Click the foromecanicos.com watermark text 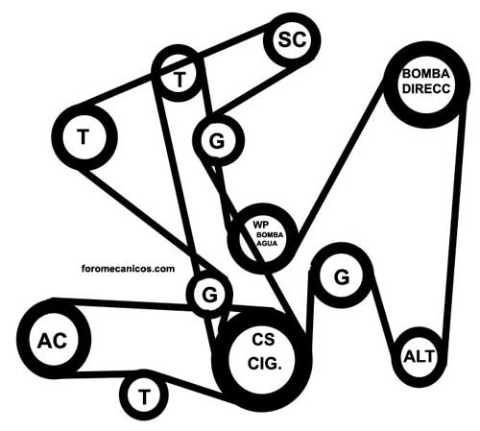128,268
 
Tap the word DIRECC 426,88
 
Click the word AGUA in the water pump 267,244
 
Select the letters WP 261,225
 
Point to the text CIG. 265,364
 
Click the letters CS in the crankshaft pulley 263,340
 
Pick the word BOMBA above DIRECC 426,74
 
